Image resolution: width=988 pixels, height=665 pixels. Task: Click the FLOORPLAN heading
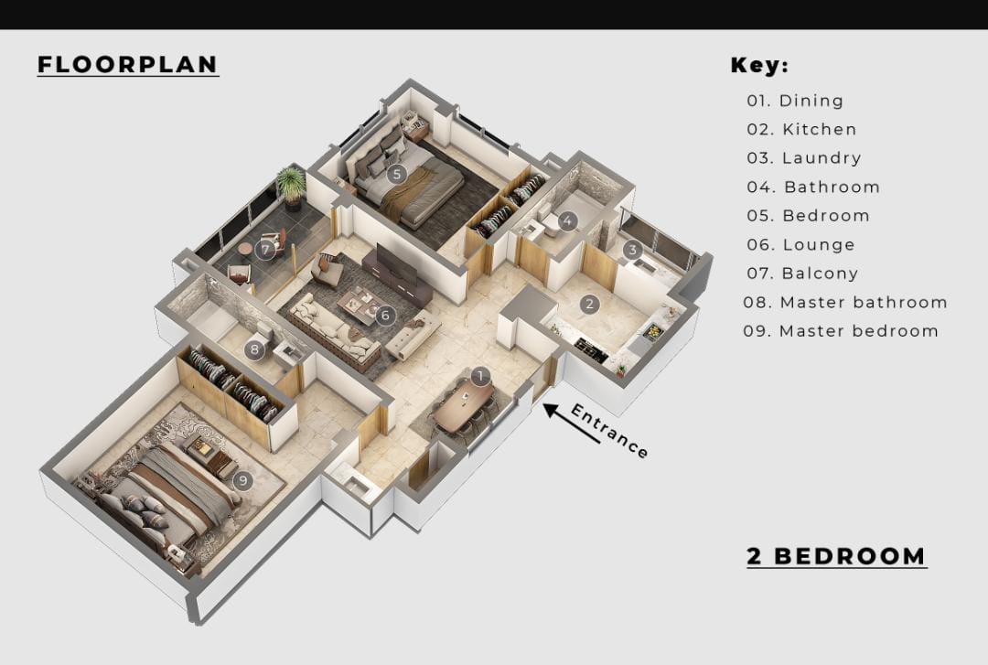click(127, 65)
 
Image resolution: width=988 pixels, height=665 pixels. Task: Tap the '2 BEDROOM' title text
click(836, 556)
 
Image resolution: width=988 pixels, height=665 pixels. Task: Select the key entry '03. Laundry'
click(803, 158)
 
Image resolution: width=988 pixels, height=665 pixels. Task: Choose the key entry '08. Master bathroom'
click(844, 303)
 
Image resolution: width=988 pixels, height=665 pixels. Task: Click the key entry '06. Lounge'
click(800, 245)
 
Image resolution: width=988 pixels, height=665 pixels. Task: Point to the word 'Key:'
click(759, 66)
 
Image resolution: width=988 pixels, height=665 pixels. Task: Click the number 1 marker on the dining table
click(481, 376)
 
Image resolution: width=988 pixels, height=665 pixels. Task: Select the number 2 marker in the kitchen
click(590, 304)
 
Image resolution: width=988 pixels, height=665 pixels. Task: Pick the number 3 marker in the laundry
click(632, 249)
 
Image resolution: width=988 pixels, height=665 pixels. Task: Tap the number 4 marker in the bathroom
click(567, 220)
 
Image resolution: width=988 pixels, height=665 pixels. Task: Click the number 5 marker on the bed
click(395, 173)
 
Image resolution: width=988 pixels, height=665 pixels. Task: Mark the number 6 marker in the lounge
click(384, 316)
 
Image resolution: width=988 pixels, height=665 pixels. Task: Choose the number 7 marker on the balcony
click(266, 249)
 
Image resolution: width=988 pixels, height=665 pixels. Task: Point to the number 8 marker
click(256, 349)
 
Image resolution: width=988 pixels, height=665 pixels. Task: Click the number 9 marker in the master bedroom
click(242, 480)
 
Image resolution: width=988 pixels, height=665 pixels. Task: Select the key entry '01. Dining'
click(795, 101)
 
